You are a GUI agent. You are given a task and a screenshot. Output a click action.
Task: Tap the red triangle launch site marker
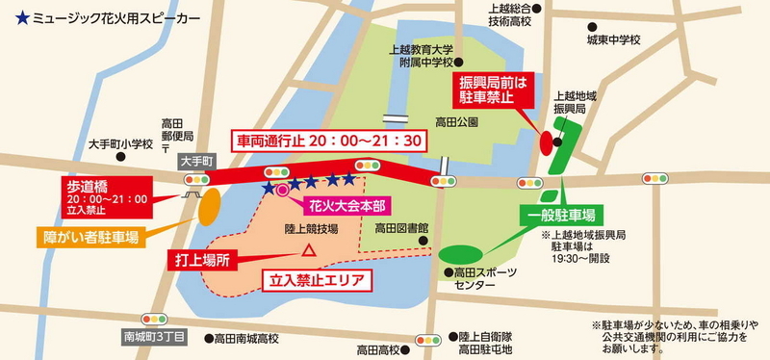click(309, 250)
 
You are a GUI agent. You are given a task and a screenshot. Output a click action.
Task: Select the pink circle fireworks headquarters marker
click(282, 192)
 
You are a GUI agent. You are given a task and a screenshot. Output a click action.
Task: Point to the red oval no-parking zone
click(547, 143)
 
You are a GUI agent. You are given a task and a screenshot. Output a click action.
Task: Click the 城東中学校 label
click(614, 40)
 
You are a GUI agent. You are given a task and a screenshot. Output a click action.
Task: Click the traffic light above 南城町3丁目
click(154, 318)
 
